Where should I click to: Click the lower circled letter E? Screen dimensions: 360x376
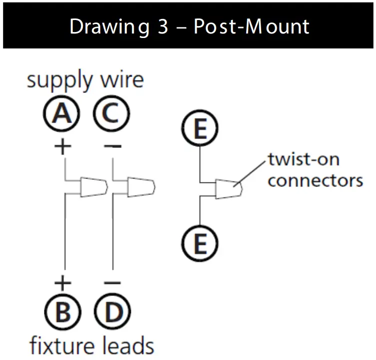click(200, 244)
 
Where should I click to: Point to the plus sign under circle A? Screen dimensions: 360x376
click(62, 147)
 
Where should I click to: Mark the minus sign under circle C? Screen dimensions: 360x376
click(113, 147)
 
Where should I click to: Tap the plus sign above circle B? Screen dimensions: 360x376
click(62, 283)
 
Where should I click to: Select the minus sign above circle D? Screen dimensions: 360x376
click(113, 283)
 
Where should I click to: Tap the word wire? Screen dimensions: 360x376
click(122, 80)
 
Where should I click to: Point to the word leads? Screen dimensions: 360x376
click(129, 345)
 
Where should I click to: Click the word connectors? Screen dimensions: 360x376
click(315, 179)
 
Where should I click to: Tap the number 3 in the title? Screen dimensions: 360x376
click(163, 26)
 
